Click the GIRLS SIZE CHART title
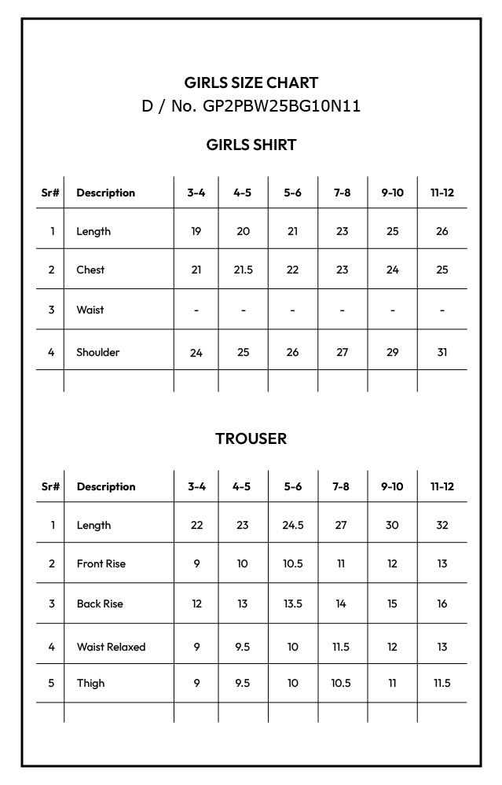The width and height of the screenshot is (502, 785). point(251,83)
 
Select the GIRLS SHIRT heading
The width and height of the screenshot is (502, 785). point(251,145)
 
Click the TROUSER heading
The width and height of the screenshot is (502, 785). point(251,438)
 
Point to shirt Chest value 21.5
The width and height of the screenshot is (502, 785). point(244,270)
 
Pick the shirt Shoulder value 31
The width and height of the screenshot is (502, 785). point(442,352)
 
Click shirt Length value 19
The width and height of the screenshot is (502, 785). point(196,231)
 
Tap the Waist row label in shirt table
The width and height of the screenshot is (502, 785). point(90,310)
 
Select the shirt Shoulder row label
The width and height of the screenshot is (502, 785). point(97,352)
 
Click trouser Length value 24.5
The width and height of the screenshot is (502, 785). point(292,525)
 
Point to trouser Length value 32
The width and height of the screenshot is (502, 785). point(442,525)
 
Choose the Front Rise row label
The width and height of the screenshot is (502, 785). point(101,563)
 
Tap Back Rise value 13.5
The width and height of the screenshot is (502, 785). point(292,603)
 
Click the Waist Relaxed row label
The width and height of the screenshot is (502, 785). point(111,647)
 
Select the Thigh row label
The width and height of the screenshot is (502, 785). point(90,683)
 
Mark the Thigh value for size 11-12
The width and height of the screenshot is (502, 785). point(442,683)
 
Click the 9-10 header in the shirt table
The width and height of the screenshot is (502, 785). point(392,193)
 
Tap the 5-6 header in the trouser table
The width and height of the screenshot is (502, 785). point(292,486)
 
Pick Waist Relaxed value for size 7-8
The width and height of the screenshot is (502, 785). point(341,647)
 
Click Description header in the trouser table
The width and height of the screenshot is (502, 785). point(106,486)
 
